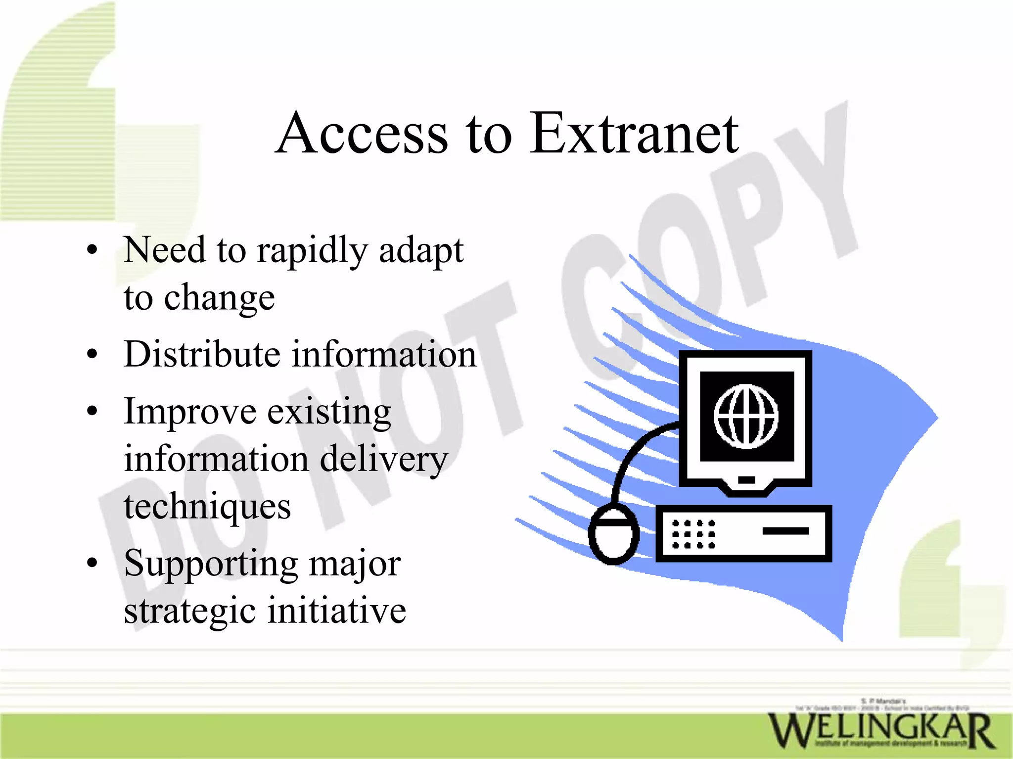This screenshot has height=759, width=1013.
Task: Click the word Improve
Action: (190, 412)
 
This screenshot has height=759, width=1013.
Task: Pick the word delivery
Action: (384, 459)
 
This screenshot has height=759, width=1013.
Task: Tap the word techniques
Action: (207, 507)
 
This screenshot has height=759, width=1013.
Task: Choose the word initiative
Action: (337, 611)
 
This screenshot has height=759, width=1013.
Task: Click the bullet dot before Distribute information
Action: (92, 354)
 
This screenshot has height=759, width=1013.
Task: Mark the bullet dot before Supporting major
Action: (92, 563)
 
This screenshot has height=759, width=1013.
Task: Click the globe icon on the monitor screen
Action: (746, 417)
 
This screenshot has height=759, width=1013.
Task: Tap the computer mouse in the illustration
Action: (613, 534)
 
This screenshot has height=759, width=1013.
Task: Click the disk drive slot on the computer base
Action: (785, 531)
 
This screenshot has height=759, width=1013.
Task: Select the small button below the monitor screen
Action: (746, 479)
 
